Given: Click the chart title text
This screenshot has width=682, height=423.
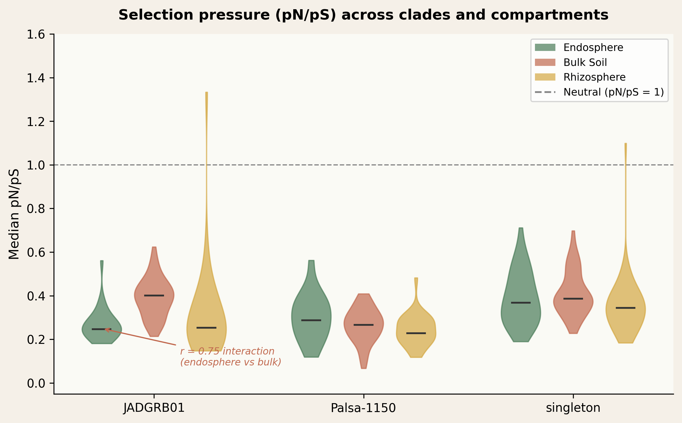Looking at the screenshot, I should pyautogui.click(x=363, y=15).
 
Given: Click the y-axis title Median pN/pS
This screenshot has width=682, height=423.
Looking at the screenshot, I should pyautogui.click(x=14, y=214).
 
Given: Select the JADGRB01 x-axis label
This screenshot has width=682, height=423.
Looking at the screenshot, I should pyautogui.click(x=154, y=408).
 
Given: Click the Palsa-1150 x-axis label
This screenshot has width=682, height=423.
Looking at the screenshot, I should pyautogui.click(x=363, y=408).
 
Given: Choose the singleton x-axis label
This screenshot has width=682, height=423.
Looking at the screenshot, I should pyautogui.click(x=573, y=408).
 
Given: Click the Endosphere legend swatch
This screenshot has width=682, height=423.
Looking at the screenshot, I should pyautogui.click(x=545, y=47).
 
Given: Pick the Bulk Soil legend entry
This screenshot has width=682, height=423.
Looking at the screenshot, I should pyautogui.click(x=585, y=62).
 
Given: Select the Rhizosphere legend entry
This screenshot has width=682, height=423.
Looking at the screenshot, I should pyautogui.click(x=594, y=77).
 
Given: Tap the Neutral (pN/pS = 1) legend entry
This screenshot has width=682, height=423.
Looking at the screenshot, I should pyautogui.click(x=614, y=92).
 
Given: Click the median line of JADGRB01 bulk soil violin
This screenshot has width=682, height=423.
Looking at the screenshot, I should pyautogui.click(x=154, y=296).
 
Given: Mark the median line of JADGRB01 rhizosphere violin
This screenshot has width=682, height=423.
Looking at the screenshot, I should pyautogui.click(x=206, y=328).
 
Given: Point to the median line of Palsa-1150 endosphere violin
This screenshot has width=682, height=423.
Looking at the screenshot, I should pyautogui.click(x=311, y=320).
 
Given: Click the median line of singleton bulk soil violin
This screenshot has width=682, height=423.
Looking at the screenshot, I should pyautogui.click(x=573, y=299).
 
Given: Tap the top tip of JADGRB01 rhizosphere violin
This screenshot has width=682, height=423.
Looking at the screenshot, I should pyautogui.click(x=207, y=93).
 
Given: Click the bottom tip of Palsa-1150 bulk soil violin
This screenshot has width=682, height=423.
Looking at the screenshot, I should pyautogui.click(x=364, y=368).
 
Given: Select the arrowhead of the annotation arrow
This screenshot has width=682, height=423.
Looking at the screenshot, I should pyautogui.click(x=106, y=329).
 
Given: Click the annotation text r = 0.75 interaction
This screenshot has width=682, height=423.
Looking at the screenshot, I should pyautogui.click(x=227, y=351).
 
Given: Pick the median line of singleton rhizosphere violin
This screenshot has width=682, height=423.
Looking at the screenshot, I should pyautogui.click(x=625, y=308).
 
